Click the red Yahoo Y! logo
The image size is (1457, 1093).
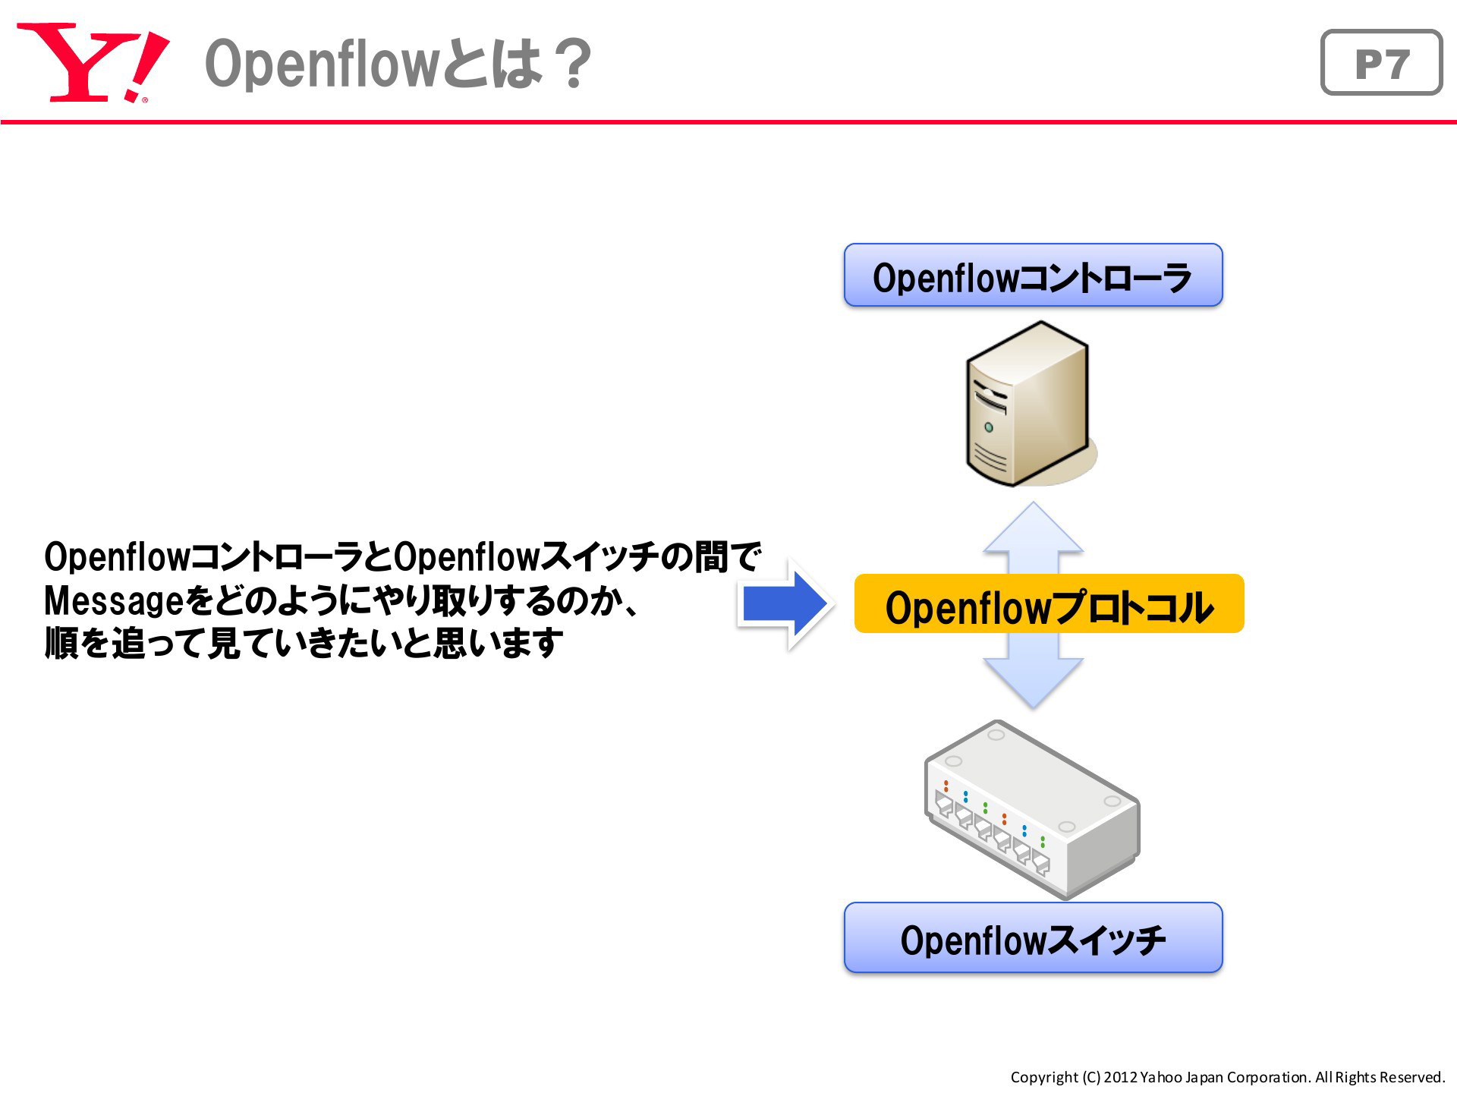click(x=93, y=62)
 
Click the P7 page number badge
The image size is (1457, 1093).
click(x=1381, y=62)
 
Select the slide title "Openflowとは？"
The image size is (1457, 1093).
click(x=398, y=64)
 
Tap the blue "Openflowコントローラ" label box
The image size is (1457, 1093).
click(x=1033, y=276)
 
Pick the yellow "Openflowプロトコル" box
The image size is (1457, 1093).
click(x=1049, y=604)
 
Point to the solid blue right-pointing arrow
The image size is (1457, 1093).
click(x=785, y=604)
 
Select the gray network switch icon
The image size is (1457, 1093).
click(x=1032, y=809)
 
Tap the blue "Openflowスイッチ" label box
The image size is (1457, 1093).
click(x=1033, y=937)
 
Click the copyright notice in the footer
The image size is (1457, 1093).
click(x=1227, y=1077)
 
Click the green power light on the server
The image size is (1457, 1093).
click(x=989, y=427)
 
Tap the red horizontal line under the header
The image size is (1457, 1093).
click(x=728, y=121)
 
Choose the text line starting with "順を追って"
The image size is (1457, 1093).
click(x=304, y=644)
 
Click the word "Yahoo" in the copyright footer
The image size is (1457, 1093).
click(x=1160, y=1077)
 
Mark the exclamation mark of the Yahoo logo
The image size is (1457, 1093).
click(x=148, y=66)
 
